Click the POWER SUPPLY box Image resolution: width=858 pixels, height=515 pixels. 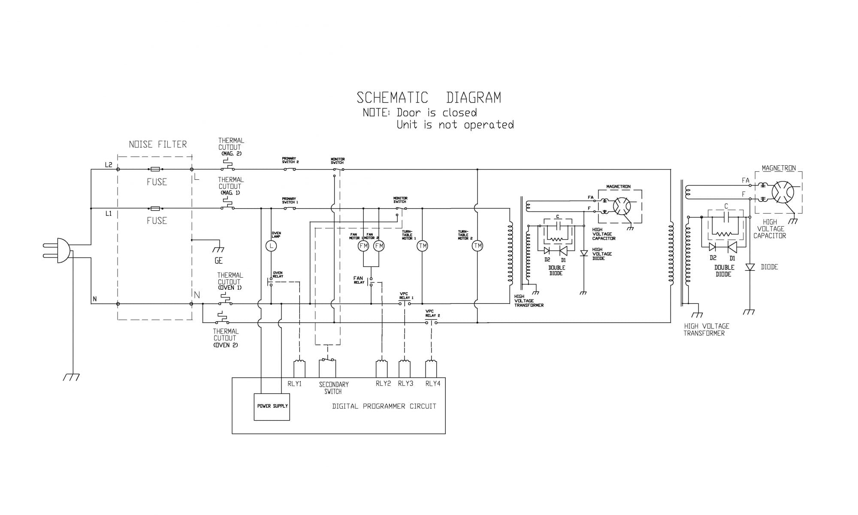coord(272,406)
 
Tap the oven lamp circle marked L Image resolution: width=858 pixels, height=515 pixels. coord(271,246)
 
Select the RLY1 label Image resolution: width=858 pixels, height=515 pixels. coord(295,384)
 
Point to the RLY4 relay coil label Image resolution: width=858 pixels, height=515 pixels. coord(433,384)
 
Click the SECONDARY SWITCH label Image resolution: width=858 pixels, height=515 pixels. coord(333,388)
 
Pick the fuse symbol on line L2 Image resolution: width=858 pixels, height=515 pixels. coord(155,170)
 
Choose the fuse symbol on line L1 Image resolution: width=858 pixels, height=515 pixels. coord(155,209)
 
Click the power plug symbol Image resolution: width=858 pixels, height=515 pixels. coord(60,251)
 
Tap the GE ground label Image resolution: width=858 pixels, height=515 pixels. coord(219,261)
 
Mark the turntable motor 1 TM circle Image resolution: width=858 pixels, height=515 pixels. coord(423,246)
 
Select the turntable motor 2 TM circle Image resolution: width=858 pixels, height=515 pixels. coord(477,246)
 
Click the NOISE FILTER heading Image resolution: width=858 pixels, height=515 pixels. coord(158,145)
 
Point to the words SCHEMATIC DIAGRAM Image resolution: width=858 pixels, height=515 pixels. coord(429,98)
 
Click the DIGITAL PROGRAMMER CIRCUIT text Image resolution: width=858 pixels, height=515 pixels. coord(384,406)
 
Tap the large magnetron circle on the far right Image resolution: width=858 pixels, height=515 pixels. coord(782,192)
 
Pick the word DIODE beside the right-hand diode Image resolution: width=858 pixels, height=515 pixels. coord(769,267)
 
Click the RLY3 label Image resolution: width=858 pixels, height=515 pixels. coord(405,384)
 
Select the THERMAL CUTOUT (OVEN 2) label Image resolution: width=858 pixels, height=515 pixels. coord(225,338)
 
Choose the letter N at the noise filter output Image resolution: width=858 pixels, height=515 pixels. coord(197,295)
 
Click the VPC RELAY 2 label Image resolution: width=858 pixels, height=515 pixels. coord(432,313)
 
